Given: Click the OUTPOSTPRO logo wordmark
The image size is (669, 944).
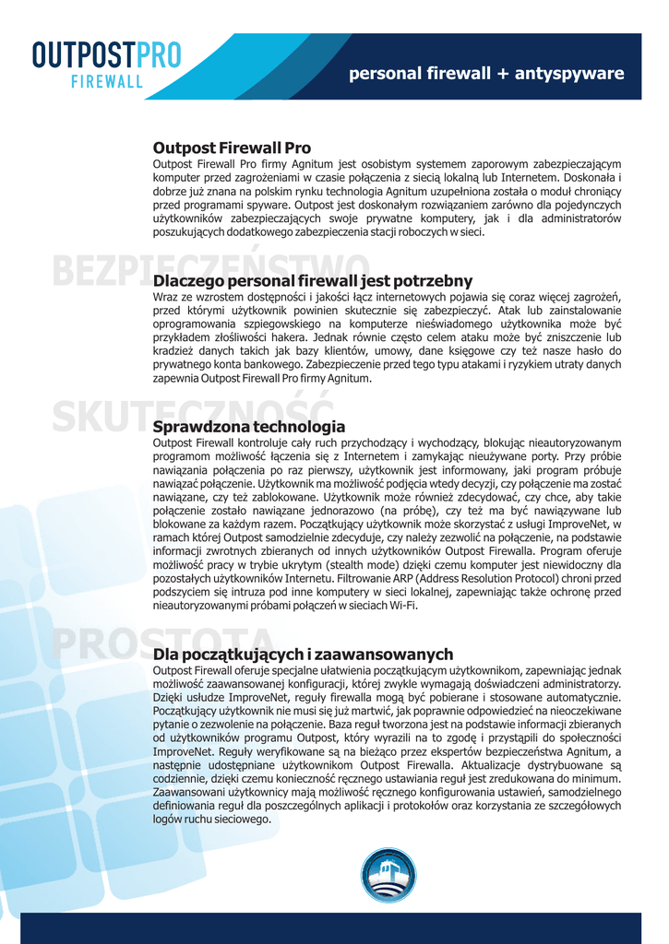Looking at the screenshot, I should pos(106,54).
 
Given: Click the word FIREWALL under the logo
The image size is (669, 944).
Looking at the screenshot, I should pos(107,81).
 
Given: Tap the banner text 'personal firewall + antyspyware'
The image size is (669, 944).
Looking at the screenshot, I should pos(486,74).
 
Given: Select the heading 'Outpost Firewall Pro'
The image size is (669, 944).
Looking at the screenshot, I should pos(232,147).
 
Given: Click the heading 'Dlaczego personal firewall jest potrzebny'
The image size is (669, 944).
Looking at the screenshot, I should pos(312,280).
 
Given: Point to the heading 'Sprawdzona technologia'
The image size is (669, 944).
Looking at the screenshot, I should pos(249,427).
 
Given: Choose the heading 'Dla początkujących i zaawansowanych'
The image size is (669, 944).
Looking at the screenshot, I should pos(303,654).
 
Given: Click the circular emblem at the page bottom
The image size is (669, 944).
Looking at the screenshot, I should pos(388,875).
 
